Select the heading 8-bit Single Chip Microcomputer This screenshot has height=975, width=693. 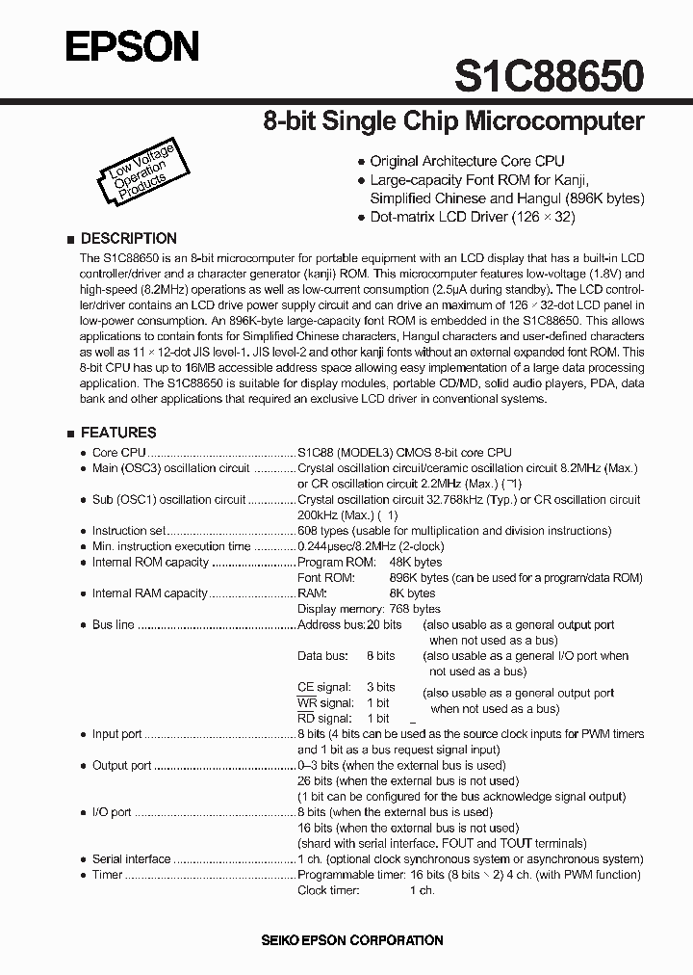pos(453,122)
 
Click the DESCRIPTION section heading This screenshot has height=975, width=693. pos(128,238)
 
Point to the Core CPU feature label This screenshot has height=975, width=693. pos(118,452)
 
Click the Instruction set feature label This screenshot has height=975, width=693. pos(129,531)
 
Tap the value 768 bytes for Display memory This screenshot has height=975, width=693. pos(414,609)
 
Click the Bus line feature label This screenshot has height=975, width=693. pos(113,625)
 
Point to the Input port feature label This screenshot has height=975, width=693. pos(116,734)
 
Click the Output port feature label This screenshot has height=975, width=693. pos(121,766)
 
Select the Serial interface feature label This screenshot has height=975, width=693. pos(131,859)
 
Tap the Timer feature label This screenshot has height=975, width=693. pos(107,875)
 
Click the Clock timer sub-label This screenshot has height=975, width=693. pos(328,890)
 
